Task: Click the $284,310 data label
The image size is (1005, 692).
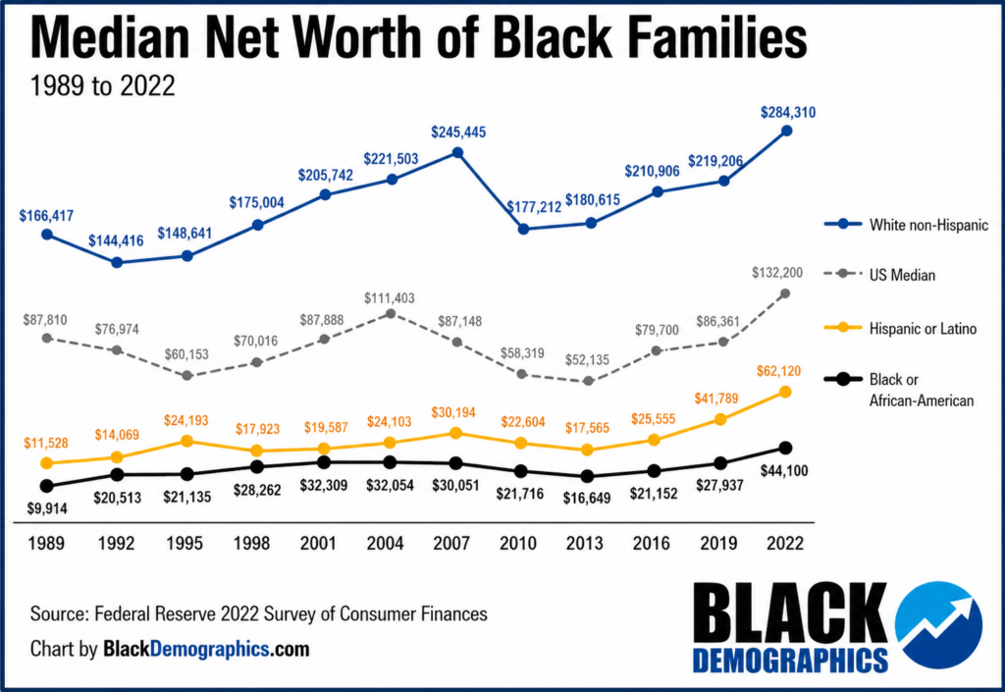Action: pyautogui.click(x=788, y=113)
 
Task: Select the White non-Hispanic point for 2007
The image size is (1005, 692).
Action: pyautogui.click(x=457, y=152)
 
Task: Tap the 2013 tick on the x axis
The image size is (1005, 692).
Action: pyautogui.click(x=585, y=544)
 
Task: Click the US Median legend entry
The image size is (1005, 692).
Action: pyautogui.click(x=879, y=275)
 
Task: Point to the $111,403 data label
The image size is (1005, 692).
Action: pyautogui.click(x=389, y=298)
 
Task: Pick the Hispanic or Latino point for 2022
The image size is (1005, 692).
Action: pyautogui.click(x=785, y=392)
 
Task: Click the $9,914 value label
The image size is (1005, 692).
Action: pyautogui.click(x=47, y=508)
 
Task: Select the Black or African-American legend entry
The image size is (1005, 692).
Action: pyautogui.click(x=899, y=390)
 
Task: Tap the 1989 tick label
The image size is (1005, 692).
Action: pyautogui.click(x=46, y=544)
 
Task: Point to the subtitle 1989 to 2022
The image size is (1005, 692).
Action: pyautogui.click(x=102, y=85)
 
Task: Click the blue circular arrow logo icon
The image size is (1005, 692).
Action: pyautogui.click(x=938, y=624)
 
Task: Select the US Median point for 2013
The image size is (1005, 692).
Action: pyautogui.click(x=589, y=381)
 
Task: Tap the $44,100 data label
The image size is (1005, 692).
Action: pyautogui.click(x=784, y=470)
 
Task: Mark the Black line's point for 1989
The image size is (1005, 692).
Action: pyautogui.click(x=47, y=486)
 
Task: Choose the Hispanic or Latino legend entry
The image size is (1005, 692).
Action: pyautogui.click(x=901, y=329)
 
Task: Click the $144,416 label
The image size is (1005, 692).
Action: pyautogui.click(x=116, y=240)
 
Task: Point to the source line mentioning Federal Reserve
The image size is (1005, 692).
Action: pyautogui.click(x=259, y=613)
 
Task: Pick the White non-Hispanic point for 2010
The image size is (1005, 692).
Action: pyautogui.click(x=523, y=229)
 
